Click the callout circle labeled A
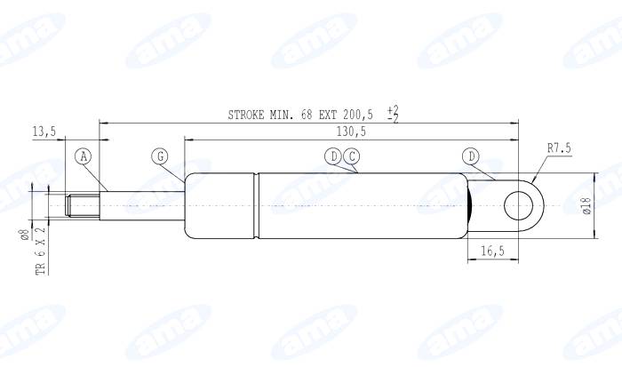pyautogui.click(x=83, y=156)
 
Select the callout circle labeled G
pyautogui.click(x=160, y=156)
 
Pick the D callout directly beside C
pyautogui.click(x=333, y=156)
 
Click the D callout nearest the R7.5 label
pyautogui.click(x=470, y=156)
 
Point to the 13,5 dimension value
pyautogui.click(x=44, y=132)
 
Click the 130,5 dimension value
pyautogui.click(x=351, y=132)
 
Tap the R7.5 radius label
pyautogui.click(x=559, y=149)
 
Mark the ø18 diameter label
pyautogui.click(x=586, y=206)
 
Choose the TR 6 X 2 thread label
pyautogui.click(x=40, y=250)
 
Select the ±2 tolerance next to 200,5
pyautogui.click(x=393, y=114)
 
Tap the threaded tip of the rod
pyautogui.click(x=82, y=206)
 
